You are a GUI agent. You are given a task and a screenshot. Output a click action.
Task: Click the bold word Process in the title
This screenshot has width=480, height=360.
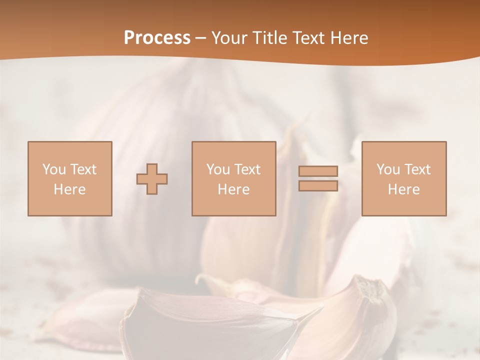click(157, 38)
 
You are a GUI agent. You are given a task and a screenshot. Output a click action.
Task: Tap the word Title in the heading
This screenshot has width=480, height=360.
click(270, 38)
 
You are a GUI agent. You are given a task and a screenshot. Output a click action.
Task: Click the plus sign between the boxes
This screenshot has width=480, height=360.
click(152, 179)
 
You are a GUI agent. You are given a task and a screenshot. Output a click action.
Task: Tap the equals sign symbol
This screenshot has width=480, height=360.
click(318, 178)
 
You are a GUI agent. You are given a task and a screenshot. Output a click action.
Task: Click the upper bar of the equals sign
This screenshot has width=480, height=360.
click(318, 171)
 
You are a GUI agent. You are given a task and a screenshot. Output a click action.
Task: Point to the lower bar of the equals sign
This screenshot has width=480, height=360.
click(318, 186)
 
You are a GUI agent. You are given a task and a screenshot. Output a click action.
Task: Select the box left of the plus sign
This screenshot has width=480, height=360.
click(69, 178)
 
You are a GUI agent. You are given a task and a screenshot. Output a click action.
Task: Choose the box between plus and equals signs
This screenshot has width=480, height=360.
click(233, 178)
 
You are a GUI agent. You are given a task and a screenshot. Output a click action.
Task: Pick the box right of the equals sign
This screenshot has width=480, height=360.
click(403, 178)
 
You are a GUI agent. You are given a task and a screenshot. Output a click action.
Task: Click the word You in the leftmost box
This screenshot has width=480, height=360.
click(54, 169)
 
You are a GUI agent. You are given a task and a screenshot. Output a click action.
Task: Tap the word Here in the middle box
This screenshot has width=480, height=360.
click(233, 189)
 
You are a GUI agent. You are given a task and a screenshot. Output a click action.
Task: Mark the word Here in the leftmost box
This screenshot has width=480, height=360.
click(69, 189)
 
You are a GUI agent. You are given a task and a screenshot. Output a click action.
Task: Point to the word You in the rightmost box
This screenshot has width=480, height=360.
click(388, 169)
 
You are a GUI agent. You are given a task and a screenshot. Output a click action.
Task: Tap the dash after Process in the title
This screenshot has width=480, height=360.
click(201, 38)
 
